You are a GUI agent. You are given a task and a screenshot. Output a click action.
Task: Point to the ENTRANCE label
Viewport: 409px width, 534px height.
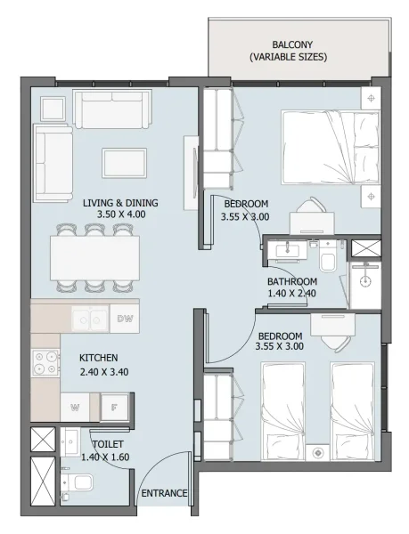(164, 492)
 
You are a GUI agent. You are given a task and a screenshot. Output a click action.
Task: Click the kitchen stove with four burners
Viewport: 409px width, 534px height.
(45, 366)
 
